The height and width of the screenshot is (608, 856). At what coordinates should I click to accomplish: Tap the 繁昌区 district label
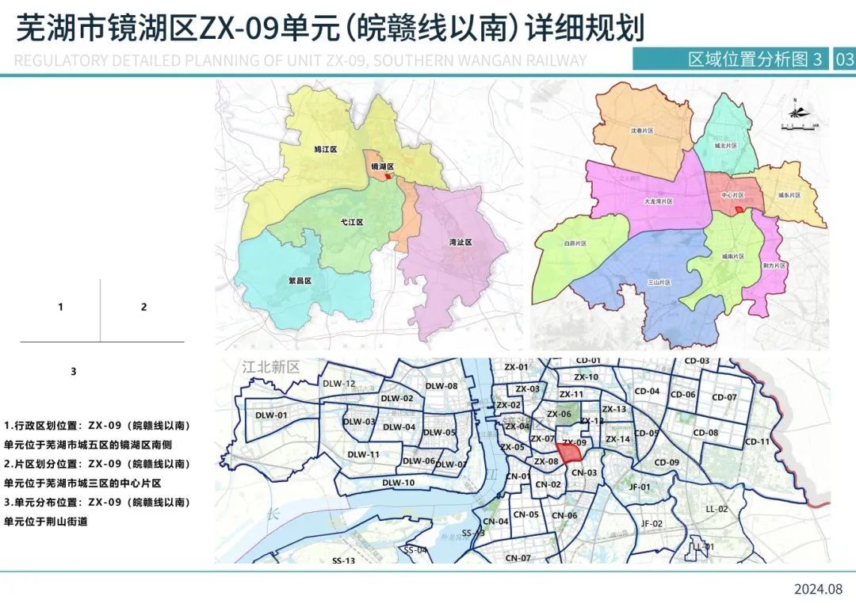300,281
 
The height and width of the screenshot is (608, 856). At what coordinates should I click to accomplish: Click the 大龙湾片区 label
658,201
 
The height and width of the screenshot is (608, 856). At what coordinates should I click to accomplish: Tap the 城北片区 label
725,147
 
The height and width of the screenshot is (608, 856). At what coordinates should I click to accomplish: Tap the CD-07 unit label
724,397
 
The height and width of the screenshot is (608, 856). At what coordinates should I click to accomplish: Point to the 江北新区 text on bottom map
271,368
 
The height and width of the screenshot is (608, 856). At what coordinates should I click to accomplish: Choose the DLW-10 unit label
398,483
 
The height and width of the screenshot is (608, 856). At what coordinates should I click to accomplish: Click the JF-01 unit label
639,487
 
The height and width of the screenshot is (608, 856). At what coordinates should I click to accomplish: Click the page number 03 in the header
844,59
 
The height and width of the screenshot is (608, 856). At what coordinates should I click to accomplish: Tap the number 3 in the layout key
74,371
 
